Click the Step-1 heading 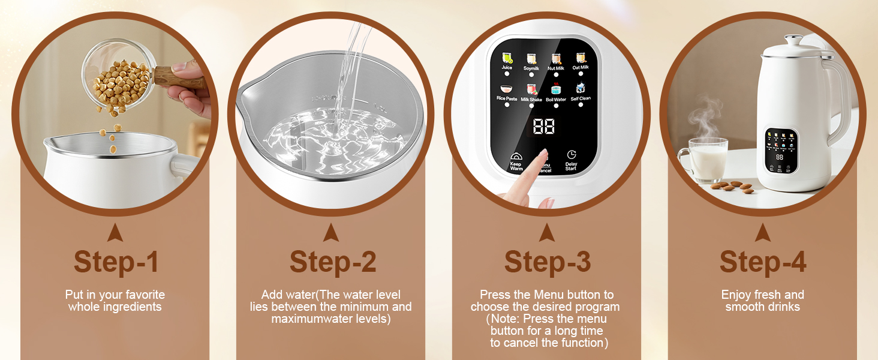(116, 262)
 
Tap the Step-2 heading (333, 262)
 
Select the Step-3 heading (548, 262)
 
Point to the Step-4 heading (763, 262)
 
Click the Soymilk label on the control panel (531, 68)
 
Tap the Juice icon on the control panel (507, 58)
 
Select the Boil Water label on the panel (556, 100)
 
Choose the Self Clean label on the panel (581, 99)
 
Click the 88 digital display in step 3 (543, 127)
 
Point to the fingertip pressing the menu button (543, 155)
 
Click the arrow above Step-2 (331, 233)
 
